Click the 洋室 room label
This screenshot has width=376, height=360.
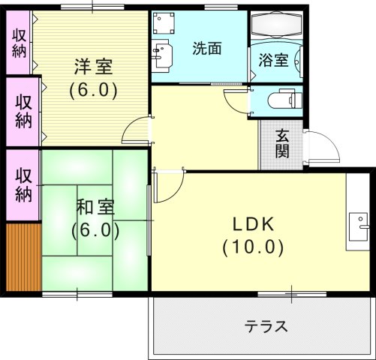[x=93, y=67]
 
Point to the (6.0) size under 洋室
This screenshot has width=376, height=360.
[x=93, y=90]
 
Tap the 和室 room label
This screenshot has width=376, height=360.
[x=95, y=206]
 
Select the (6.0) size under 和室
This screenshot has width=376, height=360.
[x=95, y=229]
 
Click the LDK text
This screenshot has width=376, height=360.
[x=254, y=223]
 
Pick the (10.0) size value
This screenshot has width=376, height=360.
[x=254, y=246]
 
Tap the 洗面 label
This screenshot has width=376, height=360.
[x=207, y=49]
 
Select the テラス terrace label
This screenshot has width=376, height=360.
[x=266, y=327]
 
